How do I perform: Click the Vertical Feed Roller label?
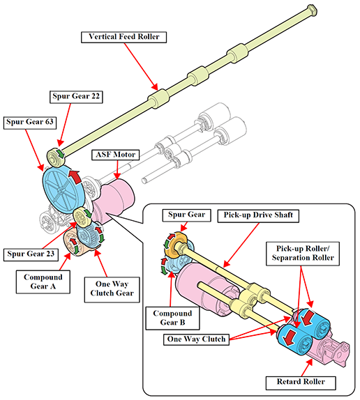[x=123, y=37]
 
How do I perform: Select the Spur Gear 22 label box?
[x=76, y=97]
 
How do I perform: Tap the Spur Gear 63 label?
[x=30, y=123]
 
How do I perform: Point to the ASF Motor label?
[x=115, y=155]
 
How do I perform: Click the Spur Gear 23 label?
[x=31, y=254]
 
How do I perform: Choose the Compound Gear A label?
[x=43, y=282]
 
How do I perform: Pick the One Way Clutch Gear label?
[x=112, y=289]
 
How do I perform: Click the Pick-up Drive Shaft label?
[x=258, y=215]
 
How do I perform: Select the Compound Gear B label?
[x=172, y=318]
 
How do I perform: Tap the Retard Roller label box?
[x=301, y=383]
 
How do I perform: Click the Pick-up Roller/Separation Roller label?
[x=303, y=254]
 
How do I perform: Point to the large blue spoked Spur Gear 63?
[x=63, y=189]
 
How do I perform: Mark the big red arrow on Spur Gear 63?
[x=75, y=176]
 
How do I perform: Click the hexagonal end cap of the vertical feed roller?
[x=312, y=10]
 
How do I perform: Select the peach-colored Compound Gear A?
[x=72, y=243]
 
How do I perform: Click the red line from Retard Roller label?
[x=307, y=368]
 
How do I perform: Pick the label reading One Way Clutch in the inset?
[x=196, y=339]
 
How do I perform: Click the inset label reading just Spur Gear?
[x=187, y=215]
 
